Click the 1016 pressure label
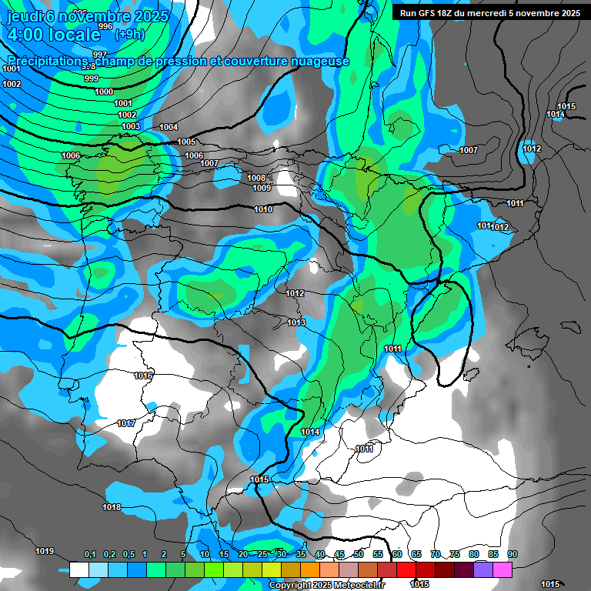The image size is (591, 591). (143, 376)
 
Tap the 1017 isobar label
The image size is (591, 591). (126, 424)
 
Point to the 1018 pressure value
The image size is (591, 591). (112, 507)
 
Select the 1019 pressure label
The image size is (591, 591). (45, 551)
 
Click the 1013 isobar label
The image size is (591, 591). (296, 322)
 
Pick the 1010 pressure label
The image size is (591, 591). (263, 209)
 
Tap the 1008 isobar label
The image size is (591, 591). (256, 178)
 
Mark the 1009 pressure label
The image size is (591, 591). (262, 188)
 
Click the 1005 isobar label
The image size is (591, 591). (186, 142)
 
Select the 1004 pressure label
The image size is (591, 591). (169, 127)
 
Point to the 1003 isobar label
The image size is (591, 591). (131, 126)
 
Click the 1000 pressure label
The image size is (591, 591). (104, 92)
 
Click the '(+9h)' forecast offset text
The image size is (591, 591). (130, 34)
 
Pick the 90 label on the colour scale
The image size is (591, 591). (513, 555)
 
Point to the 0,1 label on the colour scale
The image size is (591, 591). (90, 555)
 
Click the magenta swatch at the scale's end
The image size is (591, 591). (503, 569)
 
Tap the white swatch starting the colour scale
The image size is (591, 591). (78, 569)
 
